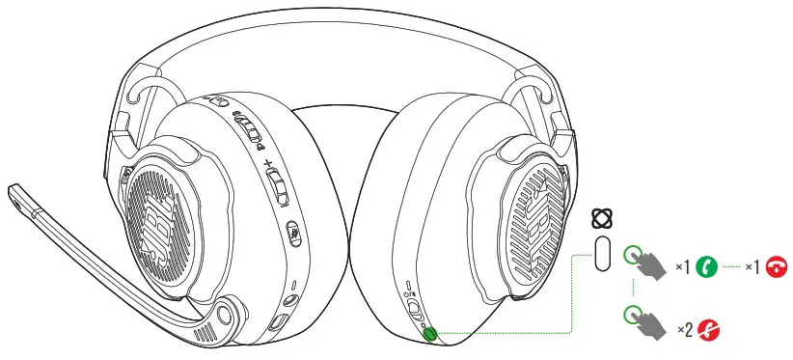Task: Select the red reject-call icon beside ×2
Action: tap(712, 329)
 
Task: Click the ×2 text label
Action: tap(685, 330)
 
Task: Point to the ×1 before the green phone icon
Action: tap(683, 265)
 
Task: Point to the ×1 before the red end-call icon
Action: tap(750, 265)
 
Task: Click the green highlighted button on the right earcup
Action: tap(429, 334)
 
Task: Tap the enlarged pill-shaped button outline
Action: tap(604, 254)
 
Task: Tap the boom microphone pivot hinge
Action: tap(228, 313)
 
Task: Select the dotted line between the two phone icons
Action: tap(731, 265)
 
